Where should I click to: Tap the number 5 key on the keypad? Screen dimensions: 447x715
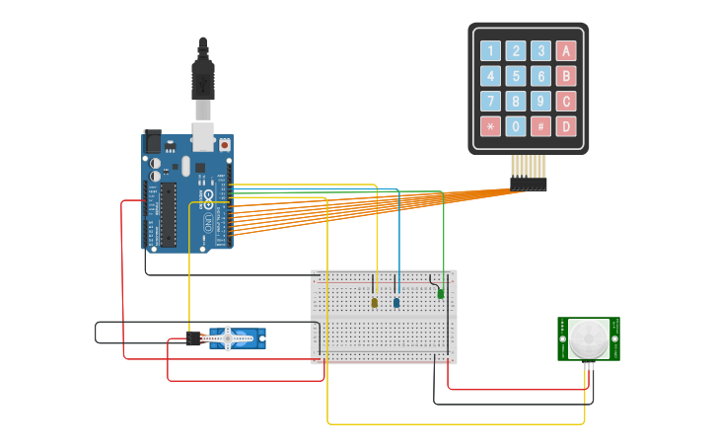pos(516,76)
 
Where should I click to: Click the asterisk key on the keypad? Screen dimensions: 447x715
pos(490,126)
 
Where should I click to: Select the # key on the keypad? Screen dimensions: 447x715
pos(541,126)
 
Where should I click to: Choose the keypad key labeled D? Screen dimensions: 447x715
pos(566,126)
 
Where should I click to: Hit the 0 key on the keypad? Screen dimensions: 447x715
pos(516,126)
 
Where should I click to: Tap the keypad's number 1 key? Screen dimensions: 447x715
pos(490,51)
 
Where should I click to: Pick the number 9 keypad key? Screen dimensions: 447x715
pos(541,101)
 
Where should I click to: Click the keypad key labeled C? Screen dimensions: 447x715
pos(566,101)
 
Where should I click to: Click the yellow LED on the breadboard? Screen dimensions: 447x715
pos(375,302)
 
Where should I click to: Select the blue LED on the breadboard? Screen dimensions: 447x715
pos(396,302)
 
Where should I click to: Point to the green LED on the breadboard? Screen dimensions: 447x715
pos(440,293)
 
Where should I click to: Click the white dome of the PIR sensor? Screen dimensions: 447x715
pos(589,338)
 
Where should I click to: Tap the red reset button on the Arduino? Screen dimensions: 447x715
pos(224,145)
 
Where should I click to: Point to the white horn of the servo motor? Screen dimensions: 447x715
pos(228,338)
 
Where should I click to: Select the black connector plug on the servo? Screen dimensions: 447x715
pos(193,339)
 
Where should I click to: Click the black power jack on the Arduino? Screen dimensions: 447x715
pos(152,141)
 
